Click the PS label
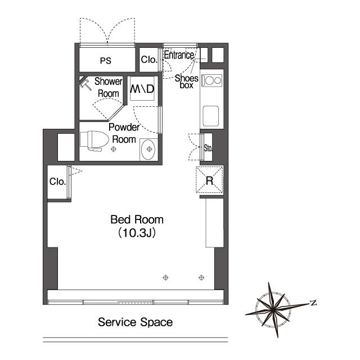coord(106,61)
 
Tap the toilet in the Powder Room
coord(94,141)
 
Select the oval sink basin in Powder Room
coord(148,150)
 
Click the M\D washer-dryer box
coord(142,88)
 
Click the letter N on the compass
coord(313,303)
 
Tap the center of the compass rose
coord(273,310)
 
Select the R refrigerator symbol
coord(209,180)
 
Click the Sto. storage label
coord(208,148)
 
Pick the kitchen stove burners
coord(211,80)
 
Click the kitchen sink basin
coord(211,116)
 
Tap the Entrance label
coord(179,55)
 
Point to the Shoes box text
coord(186,82)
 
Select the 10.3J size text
coord(137,233)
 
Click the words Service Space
coord(135,322)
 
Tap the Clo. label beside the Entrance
coord(148,60)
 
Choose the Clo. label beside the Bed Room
coord(57,182)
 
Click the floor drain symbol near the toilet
coord(114,149)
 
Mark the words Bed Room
coord(137,220)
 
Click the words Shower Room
coord(109,88)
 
